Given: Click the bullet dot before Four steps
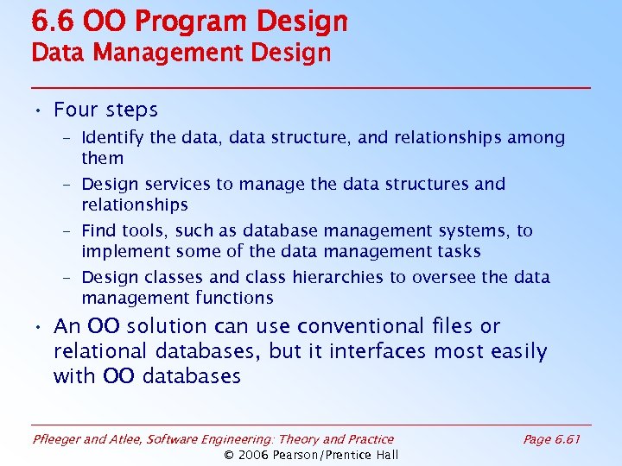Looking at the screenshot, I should pos(40,110).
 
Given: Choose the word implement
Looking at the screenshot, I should pos(123,252).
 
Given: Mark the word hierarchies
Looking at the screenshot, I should pos(335,278).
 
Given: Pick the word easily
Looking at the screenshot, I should pos(517,352).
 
